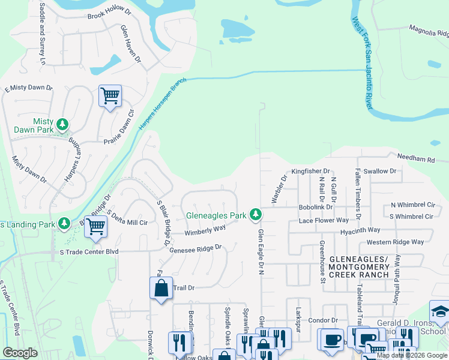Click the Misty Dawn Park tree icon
(x=62, y=125)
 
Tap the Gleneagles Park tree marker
(x=256, y=214)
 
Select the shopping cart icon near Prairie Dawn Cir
(x=110, y=95)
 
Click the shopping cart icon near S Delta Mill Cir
(x=95, y=227)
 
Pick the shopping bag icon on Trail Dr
(x=161, y=289)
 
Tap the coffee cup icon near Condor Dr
(x=332, y=339)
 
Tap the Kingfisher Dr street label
(x=311, y=171)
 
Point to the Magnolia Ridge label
(x=429, y=29)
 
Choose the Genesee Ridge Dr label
(x=196, y=248)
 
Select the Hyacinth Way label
(x=360, y=230)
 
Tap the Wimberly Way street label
(x=205, y=230)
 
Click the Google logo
(x=20, y=353)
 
